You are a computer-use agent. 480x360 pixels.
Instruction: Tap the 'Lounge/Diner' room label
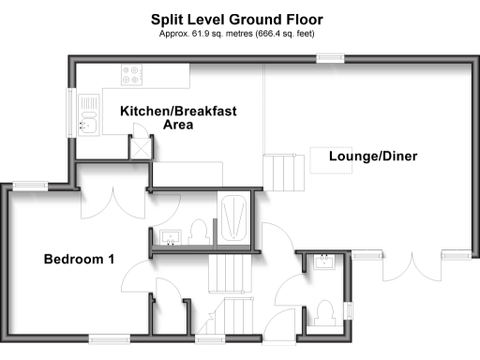[x=372, y=157]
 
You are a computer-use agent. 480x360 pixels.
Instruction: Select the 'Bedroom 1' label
[x=79, y=259]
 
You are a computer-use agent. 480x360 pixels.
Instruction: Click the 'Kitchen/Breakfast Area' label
[x=178, y=117]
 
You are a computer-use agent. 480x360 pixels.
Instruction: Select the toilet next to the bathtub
[x=198, y=229]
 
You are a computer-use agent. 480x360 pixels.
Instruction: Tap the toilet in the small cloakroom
[x=324, y=310]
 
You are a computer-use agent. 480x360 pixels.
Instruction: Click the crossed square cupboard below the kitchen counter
[x=141, y=147]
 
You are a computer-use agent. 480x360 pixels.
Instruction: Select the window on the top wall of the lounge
[x=330, y=59]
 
